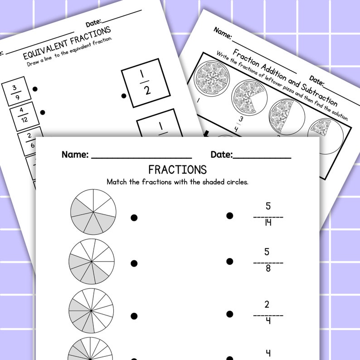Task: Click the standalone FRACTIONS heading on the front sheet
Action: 177,170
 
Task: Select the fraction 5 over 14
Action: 268,214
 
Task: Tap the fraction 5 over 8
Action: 268,261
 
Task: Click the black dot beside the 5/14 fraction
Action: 230,216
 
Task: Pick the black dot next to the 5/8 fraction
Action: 230,262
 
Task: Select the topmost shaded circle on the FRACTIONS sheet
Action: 93,212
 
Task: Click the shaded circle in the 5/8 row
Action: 92,262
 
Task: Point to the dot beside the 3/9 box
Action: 35,89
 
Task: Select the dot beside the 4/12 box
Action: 42,112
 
